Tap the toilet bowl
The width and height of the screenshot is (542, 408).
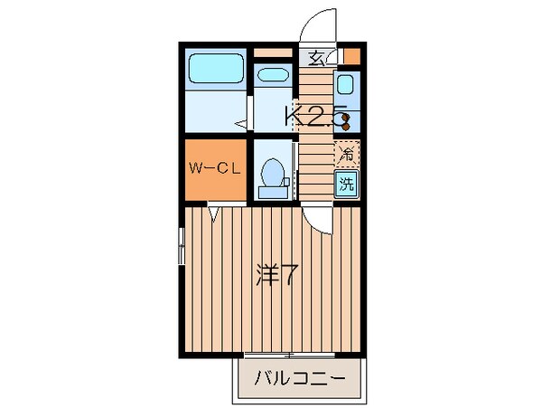tap(270, 171)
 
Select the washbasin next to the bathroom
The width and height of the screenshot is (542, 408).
tap(270, 74)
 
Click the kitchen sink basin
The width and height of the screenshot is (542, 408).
tap(345, 85)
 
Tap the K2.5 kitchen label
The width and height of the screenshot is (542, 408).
tap(315, 116)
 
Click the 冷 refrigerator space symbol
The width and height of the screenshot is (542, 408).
tap(346, 153)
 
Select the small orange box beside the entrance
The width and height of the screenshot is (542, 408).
tap(350, 56)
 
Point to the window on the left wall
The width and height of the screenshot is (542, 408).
tap(181, 245)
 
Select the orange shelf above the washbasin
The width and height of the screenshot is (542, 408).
tap(272, 53)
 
